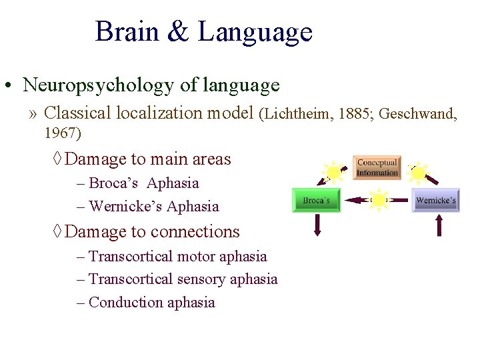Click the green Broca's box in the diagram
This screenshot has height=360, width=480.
point(316,201)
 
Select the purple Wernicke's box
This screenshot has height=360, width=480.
point(436,201)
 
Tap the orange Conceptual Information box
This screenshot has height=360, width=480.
point(377,167)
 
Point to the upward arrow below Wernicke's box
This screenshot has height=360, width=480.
point(439,225)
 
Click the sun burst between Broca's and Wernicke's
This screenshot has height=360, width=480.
point(379,199)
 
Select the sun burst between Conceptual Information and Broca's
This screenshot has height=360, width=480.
point(331,173)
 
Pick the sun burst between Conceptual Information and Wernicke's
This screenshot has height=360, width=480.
point(418,173)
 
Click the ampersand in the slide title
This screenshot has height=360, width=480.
point(178,32)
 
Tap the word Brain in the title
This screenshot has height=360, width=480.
point(127,32)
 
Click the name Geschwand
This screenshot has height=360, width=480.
point(418,114)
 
